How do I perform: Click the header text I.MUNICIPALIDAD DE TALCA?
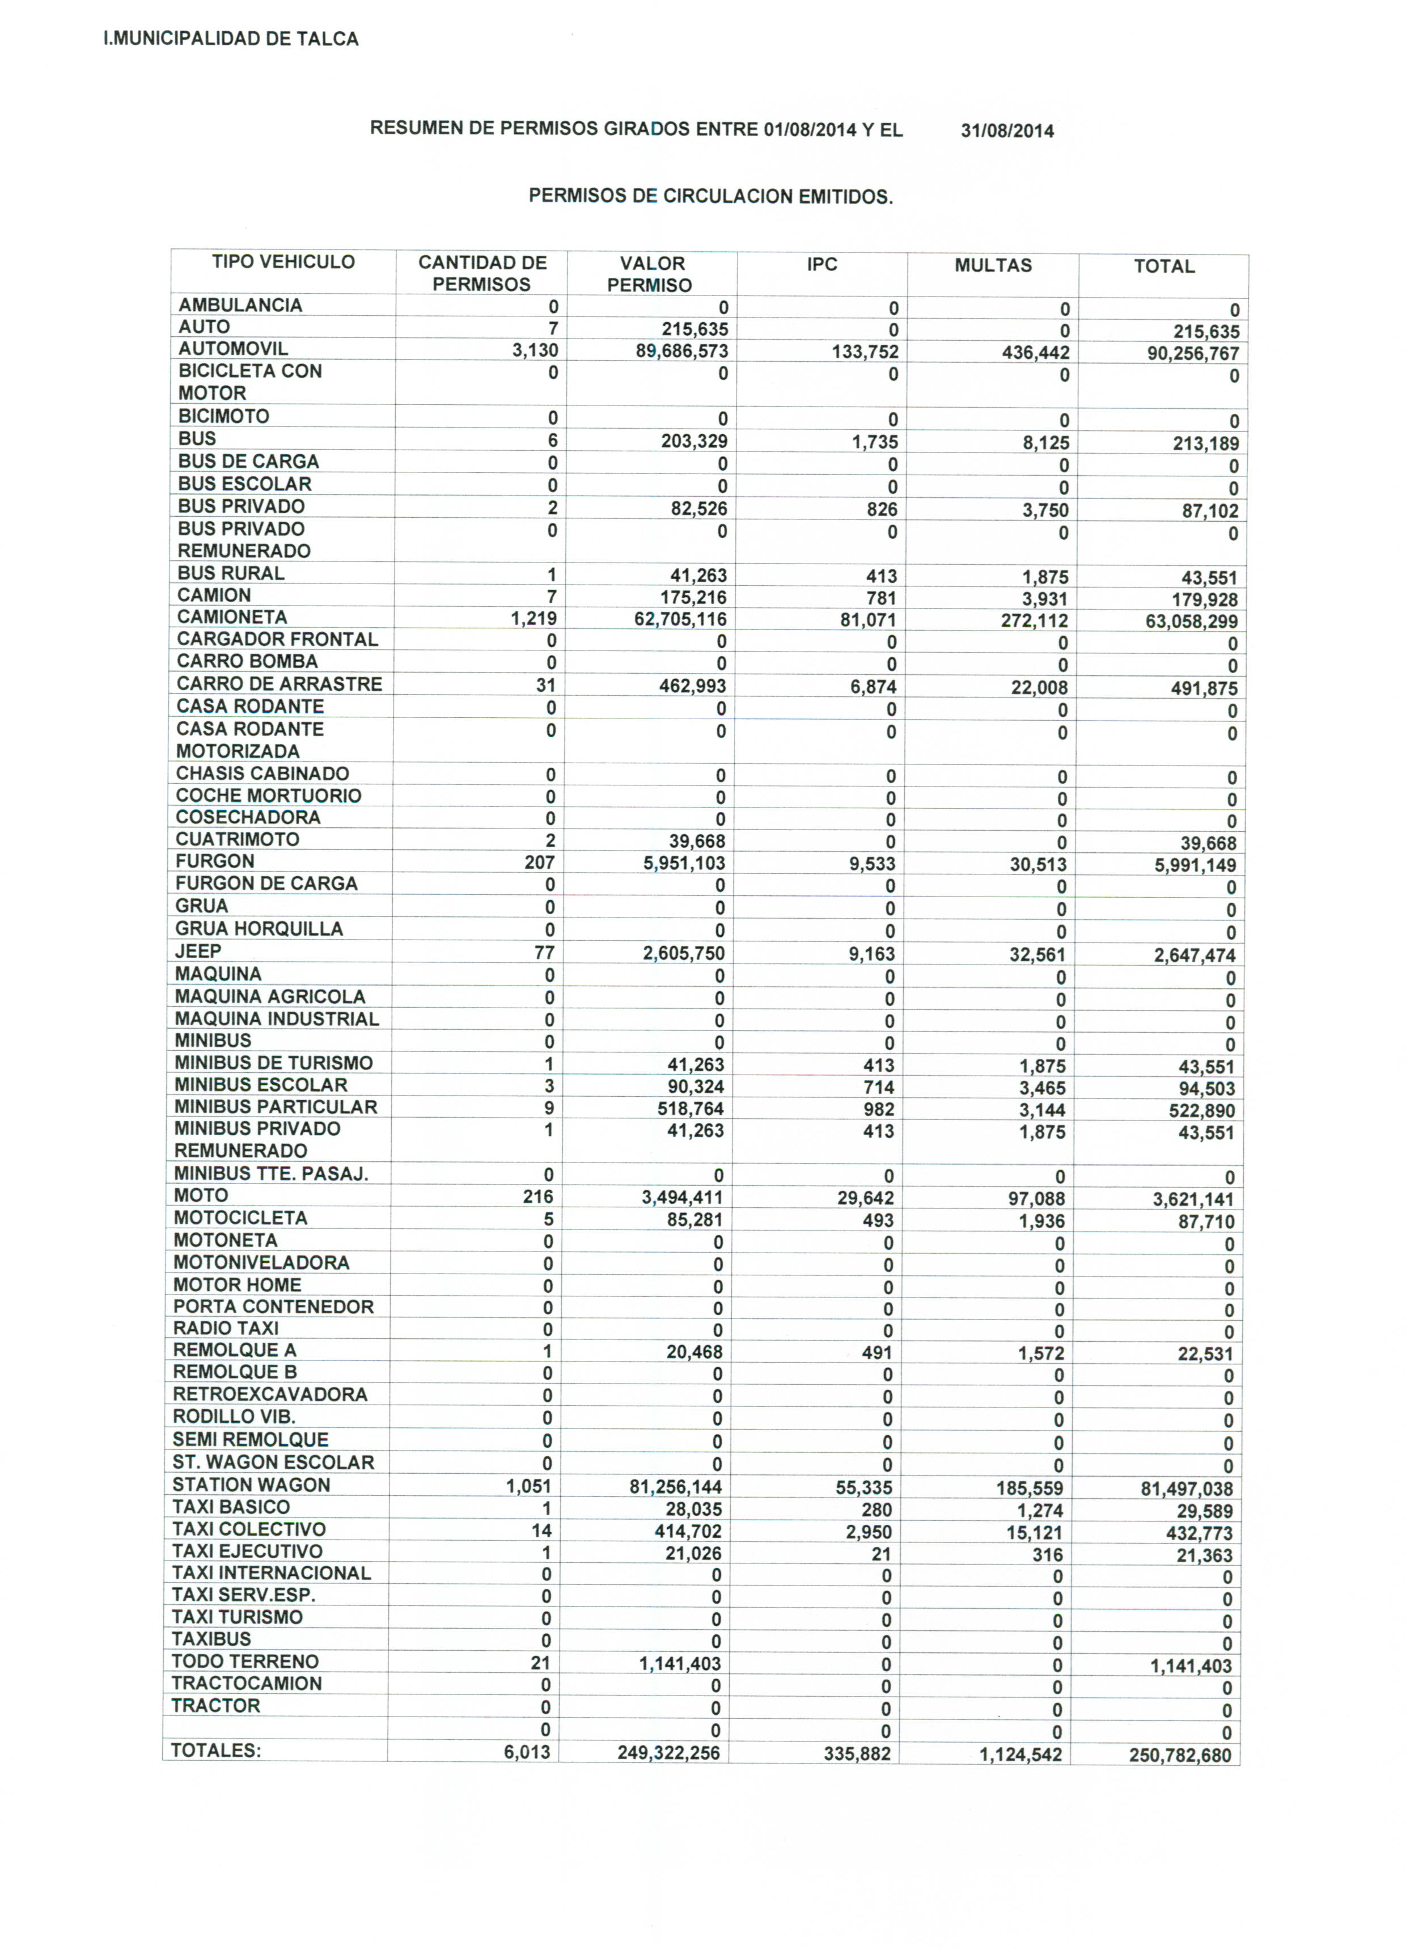coord(230,39)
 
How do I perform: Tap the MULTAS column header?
coord(993,265)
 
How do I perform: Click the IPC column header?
coord(821,265)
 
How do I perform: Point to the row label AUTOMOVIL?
coord(233,349)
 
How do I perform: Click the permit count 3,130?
coord(535,350)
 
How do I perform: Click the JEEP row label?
coord(198,952)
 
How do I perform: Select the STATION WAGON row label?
coord(251,1485)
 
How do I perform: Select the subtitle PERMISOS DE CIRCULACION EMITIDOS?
coord(711,197)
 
